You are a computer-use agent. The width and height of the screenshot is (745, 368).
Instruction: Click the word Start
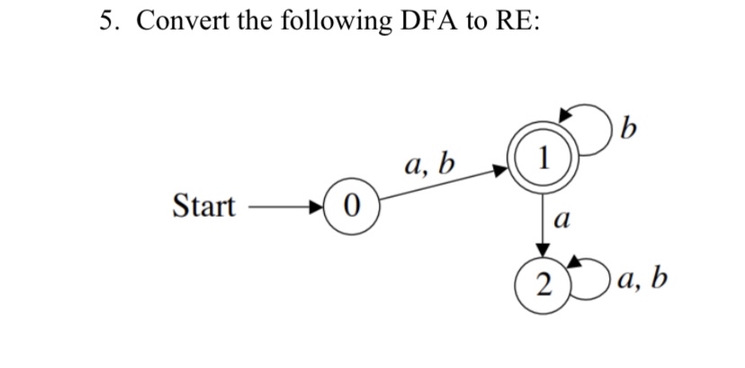(x=202, y=208)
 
